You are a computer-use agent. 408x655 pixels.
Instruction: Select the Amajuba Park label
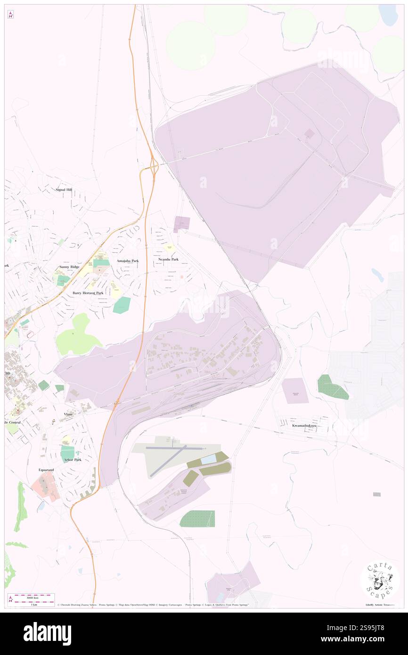(x=128, y=261)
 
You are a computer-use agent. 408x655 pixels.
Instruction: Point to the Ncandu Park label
(x=168, y=260)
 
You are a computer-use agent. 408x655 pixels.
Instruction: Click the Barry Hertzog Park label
(x=88, y=293)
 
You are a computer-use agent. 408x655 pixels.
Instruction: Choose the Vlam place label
(x=68, y=414)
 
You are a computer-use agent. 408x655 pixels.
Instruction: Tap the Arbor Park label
(x=71, y=459)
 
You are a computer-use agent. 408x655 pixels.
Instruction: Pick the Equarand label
(x=47, y=470)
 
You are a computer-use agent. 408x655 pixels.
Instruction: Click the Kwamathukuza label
(x=304, y=426)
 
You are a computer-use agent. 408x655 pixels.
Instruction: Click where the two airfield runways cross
(x=175, y=448)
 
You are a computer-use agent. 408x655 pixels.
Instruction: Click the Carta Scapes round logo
(x=380, y=581)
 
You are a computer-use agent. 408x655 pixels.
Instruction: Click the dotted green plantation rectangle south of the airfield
(x=197, y=519)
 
